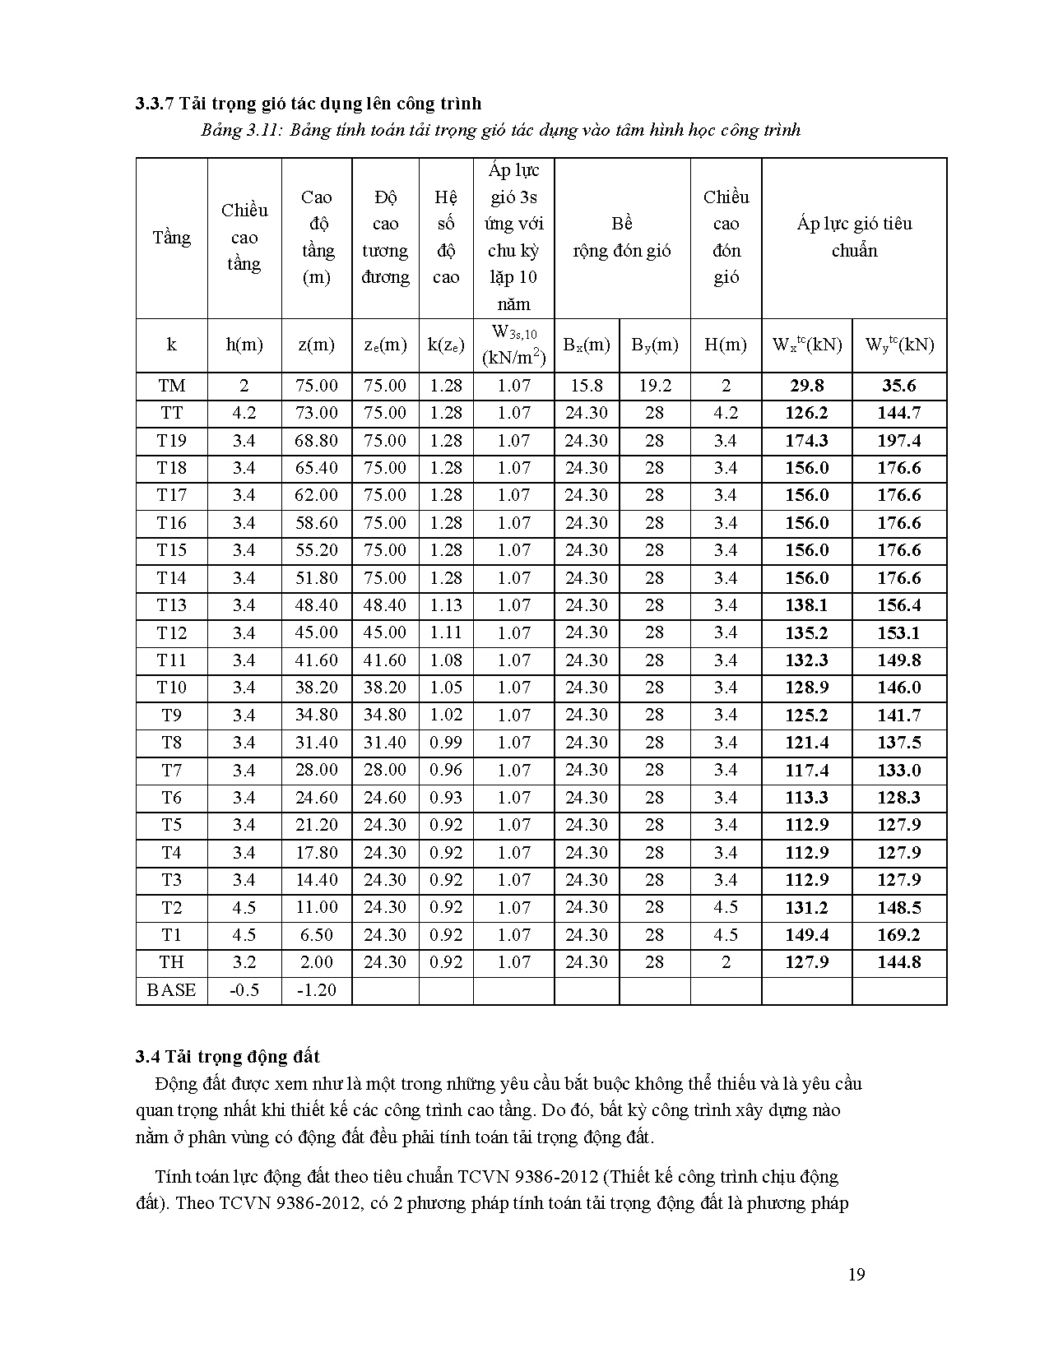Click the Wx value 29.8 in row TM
(806, 386)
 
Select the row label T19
(171, 441)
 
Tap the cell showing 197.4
(898, 441)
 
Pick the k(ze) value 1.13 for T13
(445, 605)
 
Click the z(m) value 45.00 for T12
(316, 632)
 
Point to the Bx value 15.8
(586, 386)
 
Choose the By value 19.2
(654, 386)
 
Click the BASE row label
(171, 990)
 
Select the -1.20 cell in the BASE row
(316, 990)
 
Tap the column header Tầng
(171, 238)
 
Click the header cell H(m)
(725, 345)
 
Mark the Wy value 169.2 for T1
(898, 935)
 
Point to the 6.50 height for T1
(316, 935)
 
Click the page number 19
(856, 1275)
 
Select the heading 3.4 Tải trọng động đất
(228, 1057)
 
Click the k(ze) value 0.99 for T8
(445, 743)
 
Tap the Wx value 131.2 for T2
(806, 908)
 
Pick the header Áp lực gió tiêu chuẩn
(854, 237)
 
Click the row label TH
(171, 962)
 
